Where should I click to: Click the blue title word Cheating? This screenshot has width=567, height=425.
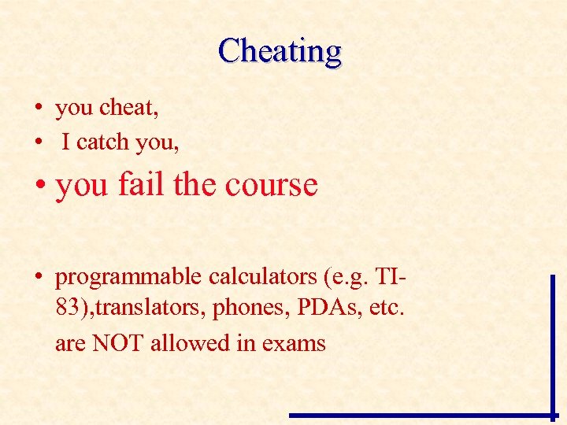click(x=280, y=51)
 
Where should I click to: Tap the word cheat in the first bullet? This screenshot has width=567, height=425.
click(x=130, y=108)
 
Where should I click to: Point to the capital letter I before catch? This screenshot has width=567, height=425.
click(x=66, y=142)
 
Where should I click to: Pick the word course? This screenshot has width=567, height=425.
click(x=271, y=184)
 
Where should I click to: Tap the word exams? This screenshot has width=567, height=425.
click(x=294, y=344)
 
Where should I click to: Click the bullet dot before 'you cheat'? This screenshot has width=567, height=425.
click(x=38, y=109)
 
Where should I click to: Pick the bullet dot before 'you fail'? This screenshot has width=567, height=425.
click(x=38, y=186)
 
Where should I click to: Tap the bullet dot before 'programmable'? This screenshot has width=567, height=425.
click(x=38, y=279)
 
